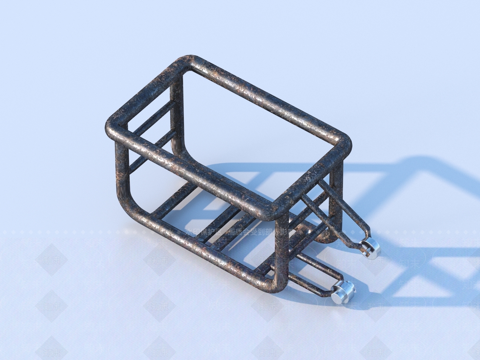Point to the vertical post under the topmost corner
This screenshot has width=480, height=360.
tap(176, 114)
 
